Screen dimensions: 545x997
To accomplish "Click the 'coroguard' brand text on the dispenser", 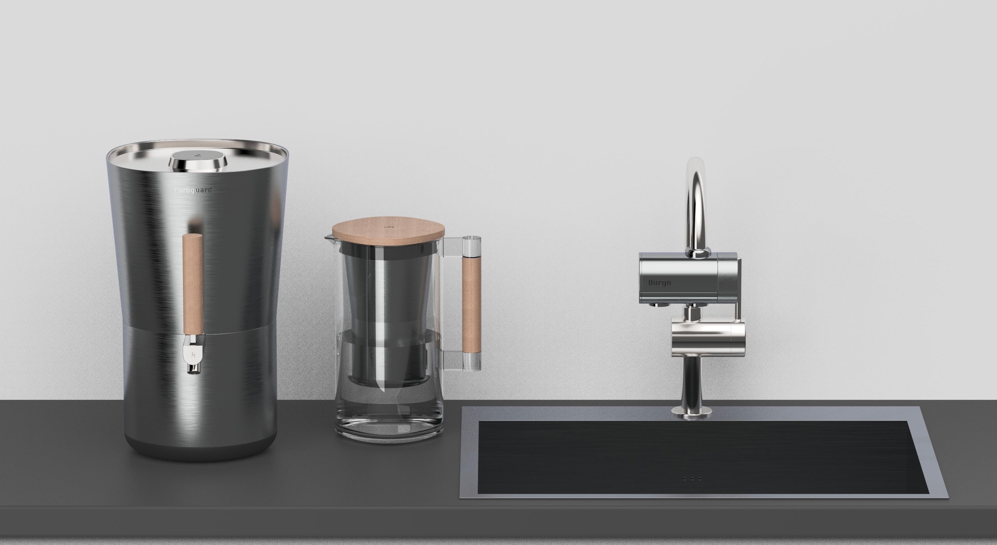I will pyautogui.click(x=193, y=190).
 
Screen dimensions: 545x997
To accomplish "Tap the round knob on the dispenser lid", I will pyautogui.click(x=199, y=160).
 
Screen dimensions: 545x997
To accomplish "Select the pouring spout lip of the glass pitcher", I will pyautogui.click(x=328, y=237).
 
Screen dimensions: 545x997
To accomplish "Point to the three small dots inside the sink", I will pyautogui.click(x=691, y=489).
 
